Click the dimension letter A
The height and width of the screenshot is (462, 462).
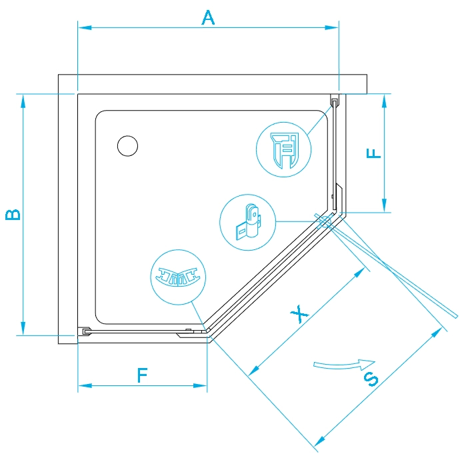[x=209, y=17]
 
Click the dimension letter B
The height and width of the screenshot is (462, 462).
[x=13, y=215]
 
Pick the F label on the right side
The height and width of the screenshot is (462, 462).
[x=375, y=153]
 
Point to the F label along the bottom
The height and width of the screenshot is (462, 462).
[x=142, y=375]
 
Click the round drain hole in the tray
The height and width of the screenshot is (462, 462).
[x=127, y=145]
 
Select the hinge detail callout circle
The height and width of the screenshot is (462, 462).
[x=247, y=223]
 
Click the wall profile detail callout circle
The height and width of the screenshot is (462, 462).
[x=284, y=149]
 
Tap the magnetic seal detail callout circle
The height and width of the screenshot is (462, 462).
[x=178, y=277]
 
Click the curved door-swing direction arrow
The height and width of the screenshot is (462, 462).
[x=339, y=364]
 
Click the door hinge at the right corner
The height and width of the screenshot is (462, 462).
[x=325, y=221]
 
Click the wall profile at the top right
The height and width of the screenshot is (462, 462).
[x=335, y=101]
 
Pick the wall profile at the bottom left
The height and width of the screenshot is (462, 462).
[x=85, y=330]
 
